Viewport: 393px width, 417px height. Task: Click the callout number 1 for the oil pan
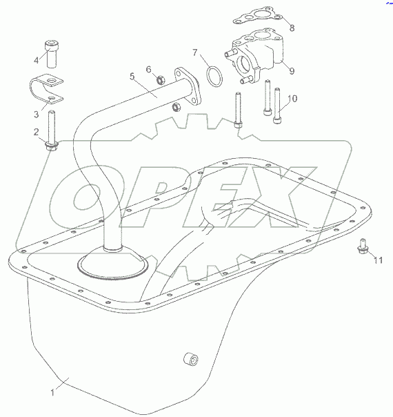(52, 393)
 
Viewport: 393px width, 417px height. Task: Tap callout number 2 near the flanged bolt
(36, 132)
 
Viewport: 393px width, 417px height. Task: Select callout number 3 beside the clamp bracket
(36, 115)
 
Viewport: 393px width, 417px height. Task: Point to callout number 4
(36, 60)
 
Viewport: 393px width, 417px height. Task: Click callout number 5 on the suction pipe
(132, 77)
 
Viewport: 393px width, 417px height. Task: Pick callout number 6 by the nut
(148, 70)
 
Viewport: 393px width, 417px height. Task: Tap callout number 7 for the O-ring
(195, 52)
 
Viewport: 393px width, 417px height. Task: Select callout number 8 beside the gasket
(292, 28)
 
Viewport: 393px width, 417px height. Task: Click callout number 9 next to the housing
(292, 70)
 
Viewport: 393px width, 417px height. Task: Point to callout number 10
(292, 99)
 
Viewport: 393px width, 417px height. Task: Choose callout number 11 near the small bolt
(379, 260)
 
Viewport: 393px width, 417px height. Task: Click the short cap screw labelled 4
(52, 54)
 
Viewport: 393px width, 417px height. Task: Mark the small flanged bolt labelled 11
(362, 246)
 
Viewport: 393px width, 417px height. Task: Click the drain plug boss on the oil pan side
(191, 359)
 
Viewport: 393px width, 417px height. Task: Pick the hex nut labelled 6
(161, 80)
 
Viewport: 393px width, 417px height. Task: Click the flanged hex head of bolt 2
(52, 146)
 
